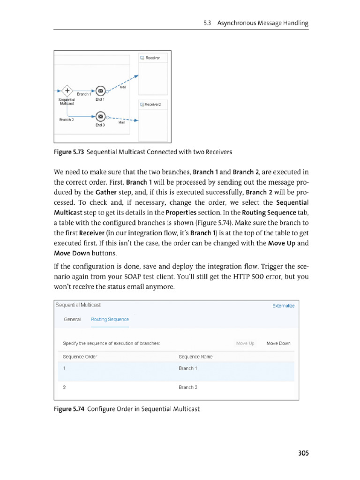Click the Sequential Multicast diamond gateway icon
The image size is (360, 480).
67,90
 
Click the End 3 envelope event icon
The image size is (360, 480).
100,117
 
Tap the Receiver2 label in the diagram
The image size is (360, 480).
152,105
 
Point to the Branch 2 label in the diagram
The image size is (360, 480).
67,120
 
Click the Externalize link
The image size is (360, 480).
283,306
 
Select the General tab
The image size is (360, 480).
72,319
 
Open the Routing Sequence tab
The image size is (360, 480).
110,319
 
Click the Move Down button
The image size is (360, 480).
278,344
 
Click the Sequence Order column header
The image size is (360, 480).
80,357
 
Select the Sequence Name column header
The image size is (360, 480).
195,357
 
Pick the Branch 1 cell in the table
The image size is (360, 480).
188,368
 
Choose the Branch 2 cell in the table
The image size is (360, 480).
188,388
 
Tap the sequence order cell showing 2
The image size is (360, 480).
64,388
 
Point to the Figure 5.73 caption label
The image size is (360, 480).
69,152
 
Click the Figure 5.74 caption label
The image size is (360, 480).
69,409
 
